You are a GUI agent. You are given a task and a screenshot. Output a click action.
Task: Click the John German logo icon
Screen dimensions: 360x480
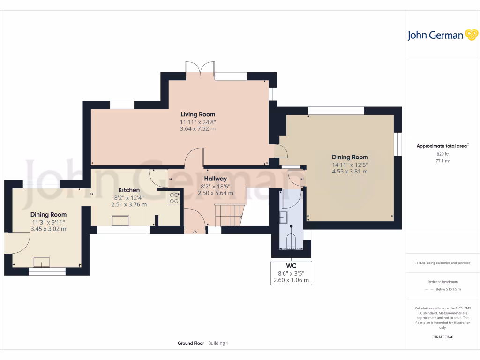tap(471, 35)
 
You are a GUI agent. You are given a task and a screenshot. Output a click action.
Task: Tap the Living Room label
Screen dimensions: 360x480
tap(198, 114)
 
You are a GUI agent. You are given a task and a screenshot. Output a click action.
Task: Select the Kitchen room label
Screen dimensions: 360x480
tap(128, 190)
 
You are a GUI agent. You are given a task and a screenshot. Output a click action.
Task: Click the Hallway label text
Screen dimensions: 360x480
tap(216, 179)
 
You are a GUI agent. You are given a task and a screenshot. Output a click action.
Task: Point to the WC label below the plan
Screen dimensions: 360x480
tap(291, 266)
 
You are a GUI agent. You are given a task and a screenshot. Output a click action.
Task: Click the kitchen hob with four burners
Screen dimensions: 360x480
tap(174, 198)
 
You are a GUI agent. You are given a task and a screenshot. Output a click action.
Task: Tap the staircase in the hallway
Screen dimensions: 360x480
tap(229, 216)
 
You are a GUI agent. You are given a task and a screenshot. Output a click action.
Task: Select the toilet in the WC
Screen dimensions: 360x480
tap(291, 240)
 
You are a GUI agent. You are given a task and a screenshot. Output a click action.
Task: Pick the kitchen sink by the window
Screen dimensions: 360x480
tap(120, 220)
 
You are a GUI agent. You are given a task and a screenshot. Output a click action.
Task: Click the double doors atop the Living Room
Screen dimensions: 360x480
tap(201, 69)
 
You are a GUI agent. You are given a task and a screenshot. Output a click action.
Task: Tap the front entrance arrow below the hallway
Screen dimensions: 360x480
tap(195, 232)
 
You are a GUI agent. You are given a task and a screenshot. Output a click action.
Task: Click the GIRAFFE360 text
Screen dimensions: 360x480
tap(442, 337)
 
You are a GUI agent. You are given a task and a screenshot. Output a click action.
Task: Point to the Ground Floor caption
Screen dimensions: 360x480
tap(191, 343)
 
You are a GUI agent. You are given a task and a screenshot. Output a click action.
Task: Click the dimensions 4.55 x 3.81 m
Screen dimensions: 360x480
tap(350, 172)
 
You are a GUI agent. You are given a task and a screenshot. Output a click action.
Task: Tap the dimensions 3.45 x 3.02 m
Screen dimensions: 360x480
tap(48, 229)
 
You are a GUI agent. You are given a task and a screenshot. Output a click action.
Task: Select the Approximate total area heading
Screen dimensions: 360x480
tap(442, 146)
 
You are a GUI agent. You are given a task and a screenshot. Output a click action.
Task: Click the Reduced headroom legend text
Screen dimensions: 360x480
tap(442, 282)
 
